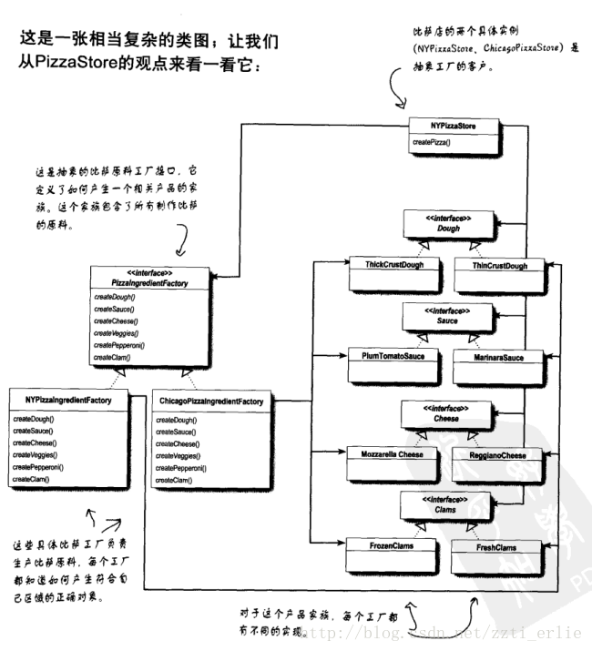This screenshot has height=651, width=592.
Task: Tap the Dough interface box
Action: pyautogui.click(x=448, y=224)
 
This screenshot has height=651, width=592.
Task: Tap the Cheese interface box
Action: pyautogui.click(x=448, y=413)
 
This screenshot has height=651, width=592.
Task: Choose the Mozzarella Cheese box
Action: pyautogui.click(x=387, y=452)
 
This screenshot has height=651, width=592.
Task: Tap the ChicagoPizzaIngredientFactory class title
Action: pyautogui.click(x=210, y=401)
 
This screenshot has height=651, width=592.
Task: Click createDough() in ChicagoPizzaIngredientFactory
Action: pyautogui.click(x=177, y=421)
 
